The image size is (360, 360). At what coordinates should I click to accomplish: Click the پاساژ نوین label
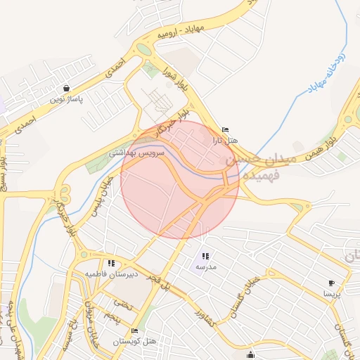tap(65, 99)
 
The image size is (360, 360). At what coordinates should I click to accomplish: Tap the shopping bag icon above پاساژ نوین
tap(66, 89)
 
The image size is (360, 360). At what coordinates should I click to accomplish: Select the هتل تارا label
tap(226, 141)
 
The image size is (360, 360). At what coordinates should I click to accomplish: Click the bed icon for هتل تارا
tap(225, 130)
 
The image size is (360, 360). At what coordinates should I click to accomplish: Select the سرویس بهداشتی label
tap(137, 152)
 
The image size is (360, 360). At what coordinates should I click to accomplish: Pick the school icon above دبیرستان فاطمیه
tap(111, 264)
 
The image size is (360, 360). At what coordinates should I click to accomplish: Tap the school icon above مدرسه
tap(205, 257)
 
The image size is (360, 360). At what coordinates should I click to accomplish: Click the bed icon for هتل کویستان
tap(134, 330)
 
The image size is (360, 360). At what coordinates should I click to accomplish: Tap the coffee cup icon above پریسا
tap(331, 283)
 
